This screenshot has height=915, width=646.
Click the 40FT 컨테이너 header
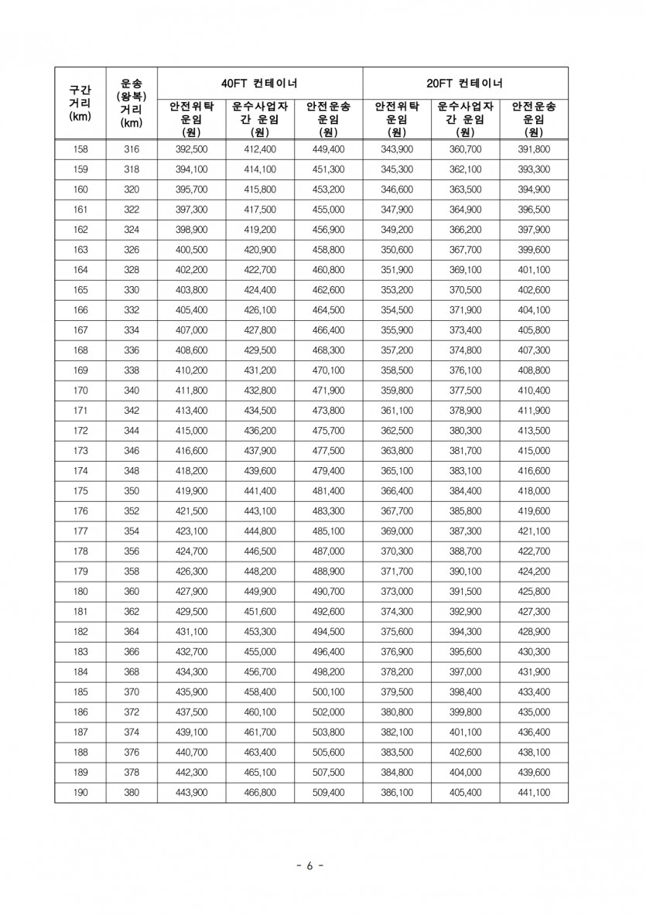click(260, 82)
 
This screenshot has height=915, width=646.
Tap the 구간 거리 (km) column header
click(80, 103)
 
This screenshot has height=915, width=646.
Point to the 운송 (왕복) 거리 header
click(132, 103)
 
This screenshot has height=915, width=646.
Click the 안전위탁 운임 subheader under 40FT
click(191, 118)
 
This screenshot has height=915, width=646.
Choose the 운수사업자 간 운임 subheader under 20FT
click(465, 118)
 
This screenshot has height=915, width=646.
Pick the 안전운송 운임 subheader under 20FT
click(533, 118)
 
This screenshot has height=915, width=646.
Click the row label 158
click(80, 149)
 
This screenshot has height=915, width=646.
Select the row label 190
click(80, 792)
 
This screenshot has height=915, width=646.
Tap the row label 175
click(80, 490)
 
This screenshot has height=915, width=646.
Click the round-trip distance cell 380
click(132, 792)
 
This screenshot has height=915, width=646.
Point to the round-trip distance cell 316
click(132, 149)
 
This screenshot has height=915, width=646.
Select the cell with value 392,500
click(191, 149)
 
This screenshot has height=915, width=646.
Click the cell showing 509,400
click(328, 792)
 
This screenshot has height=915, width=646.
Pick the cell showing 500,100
click(328, 691)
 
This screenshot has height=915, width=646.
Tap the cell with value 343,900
click(397, 149)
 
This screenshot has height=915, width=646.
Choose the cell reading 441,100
click(533, 792)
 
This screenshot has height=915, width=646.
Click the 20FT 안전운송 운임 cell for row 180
click(533, 591)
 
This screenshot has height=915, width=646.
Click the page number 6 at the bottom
click(309, 865)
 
